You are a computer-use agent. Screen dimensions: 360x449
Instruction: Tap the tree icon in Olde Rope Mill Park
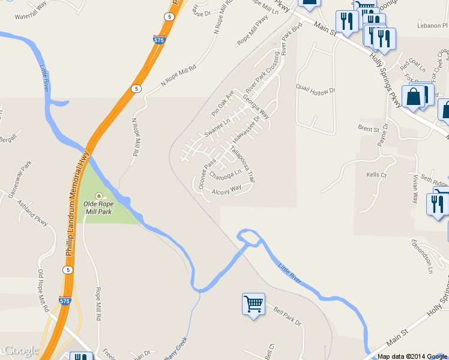point(98,196)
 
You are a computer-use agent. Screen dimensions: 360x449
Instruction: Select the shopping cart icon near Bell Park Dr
point(253,305)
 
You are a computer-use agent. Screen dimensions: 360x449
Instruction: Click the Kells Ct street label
point(376,175)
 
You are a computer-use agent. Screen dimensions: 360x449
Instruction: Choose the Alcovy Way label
point(226,190)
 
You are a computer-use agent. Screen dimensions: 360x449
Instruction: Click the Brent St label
point(369,128)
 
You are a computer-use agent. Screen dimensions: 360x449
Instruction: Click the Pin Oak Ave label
point(222,103)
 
